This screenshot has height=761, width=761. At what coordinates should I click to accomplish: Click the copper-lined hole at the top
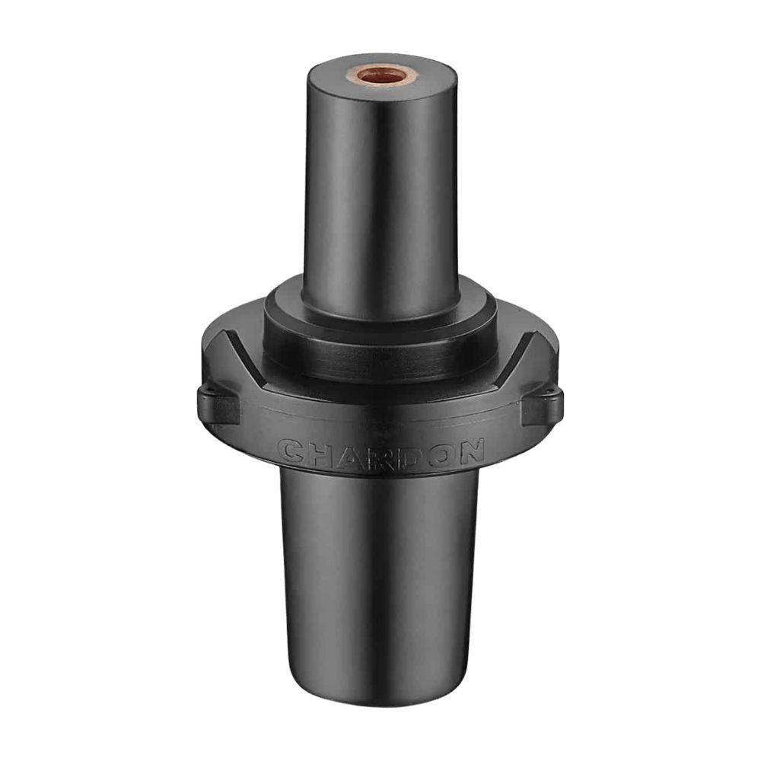[x=381, y=76]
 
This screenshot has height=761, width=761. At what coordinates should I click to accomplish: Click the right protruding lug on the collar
[x=541, y=406]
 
